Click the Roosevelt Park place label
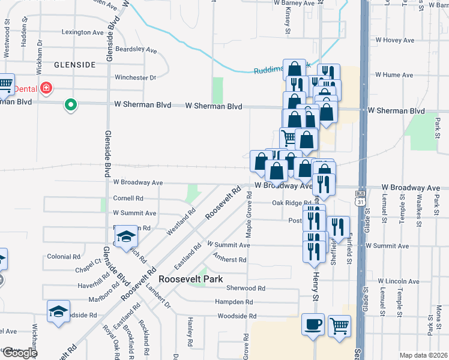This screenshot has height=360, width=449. [x=190, y=279]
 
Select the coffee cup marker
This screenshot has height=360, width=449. [x=313, y=325]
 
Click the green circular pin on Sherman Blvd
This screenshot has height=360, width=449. [x=71, y=105]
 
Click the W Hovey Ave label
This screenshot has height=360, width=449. [x=395, y=40]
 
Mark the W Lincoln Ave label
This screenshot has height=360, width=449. [x=397, y=281]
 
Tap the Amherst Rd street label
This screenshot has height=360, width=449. [x=231, y=260]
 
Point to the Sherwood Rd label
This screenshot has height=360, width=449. [x=246, y=288]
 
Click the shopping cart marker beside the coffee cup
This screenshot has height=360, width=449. [x=339, y=326]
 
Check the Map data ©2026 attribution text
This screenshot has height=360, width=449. [x=423, y=355]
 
